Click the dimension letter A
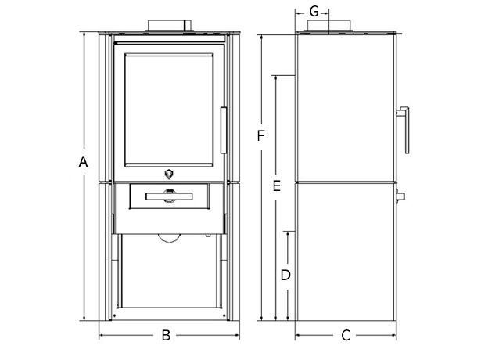click(x=83, y=162)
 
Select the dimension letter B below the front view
click(x=167, y=336)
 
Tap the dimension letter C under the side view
click(x=346, y=336)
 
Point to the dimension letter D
click(x=285, y=275)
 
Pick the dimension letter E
click(x=276, y=186)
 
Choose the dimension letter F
click(x=260, y=135)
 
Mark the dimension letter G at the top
click(x=314, y=13)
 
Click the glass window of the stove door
click(x=169, y=110)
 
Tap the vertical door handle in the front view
click(x=224, y=130)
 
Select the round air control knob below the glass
click(x=169, y=174)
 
